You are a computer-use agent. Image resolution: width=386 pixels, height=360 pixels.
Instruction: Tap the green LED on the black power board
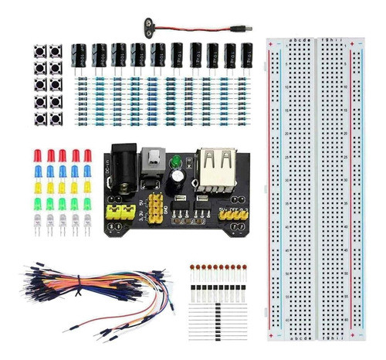coord(176,161)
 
